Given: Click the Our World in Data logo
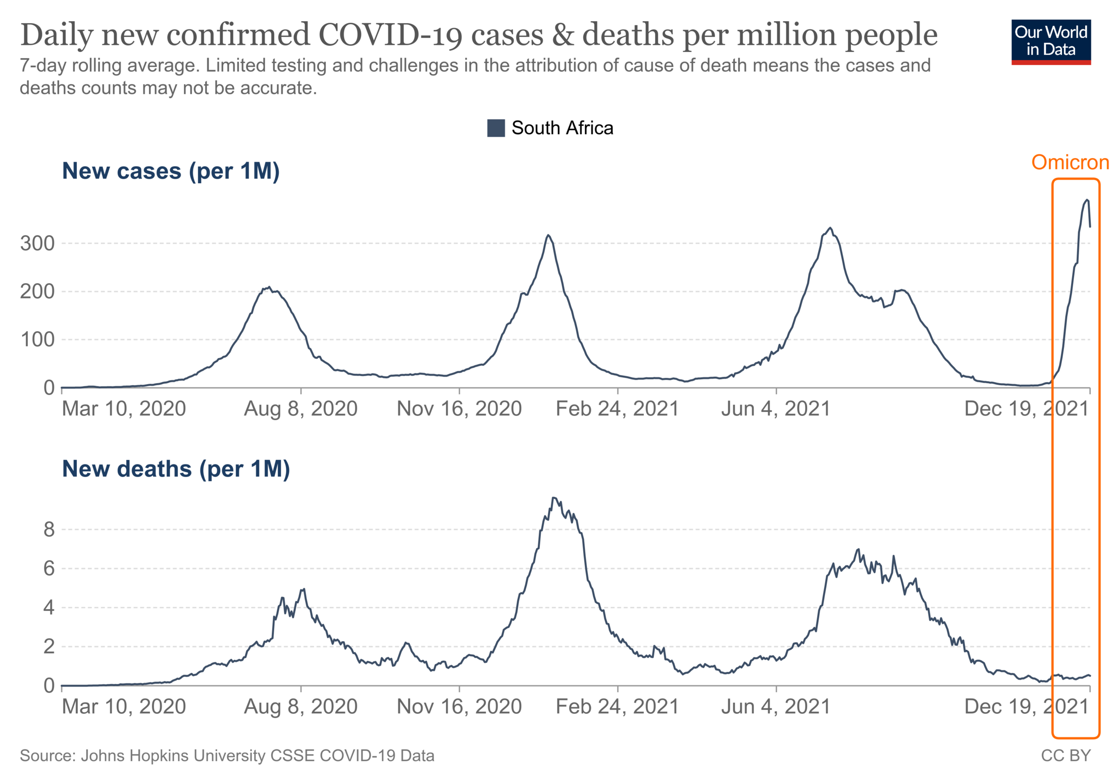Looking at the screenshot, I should click(1050, 42).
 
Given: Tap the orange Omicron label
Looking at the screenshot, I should click(1070, 162).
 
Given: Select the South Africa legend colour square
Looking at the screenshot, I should click(495, 128).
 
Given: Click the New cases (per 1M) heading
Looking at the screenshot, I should click(170, 171).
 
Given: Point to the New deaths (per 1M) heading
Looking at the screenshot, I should click(176, 469).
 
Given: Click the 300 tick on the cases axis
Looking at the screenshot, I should click(37, 243).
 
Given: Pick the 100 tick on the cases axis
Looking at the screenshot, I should click(37, 340).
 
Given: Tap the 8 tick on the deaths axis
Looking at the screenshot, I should click(49, 530).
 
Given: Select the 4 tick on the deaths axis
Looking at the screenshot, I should click(49, 607).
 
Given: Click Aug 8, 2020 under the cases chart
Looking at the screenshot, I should click(300, 409).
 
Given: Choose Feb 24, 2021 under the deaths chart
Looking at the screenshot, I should click(617, 707).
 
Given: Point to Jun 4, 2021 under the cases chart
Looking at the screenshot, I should click(776, 409).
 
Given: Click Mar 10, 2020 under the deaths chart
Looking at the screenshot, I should click(124, 707).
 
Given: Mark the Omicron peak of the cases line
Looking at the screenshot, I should click(1087, 200).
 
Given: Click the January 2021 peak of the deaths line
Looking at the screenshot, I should click(554, 498).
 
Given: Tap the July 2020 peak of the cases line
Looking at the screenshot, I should click(269, 287).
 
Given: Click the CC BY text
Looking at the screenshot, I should click(1066, 756).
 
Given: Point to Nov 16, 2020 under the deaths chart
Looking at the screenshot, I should click(459, 707).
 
